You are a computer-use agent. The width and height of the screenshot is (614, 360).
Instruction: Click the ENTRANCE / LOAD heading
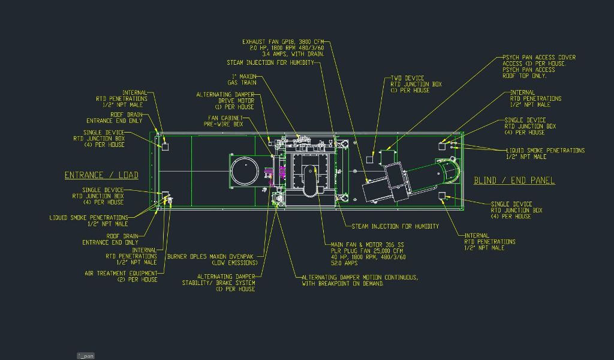tap(101, 175)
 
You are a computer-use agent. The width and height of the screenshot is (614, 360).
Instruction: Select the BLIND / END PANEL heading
tap(514, 180)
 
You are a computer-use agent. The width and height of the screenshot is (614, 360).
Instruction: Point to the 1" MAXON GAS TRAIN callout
tap(243, 79)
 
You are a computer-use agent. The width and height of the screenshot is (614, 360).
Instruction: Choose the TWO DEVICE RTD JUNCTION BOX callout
tap(416, 84)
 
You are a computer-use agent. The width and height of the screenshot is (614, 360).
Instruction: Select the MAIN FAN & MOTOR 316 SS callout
tap(368, 244)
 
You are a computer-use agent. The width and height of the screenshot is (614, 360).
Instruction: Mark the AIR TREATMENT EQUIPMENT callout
tap(121, 276)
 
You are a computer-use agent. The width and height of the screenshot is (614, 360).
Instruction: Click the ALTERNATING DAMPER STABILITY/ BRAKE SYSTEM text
tap(218, 283)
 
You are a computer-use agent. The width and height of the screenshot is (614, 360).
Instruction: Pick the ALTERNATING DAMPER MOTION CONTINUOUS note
tap(359, 277)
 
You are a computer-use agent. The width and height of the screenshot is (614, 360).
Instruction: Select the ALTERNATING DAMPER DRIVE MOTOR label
tap(225, 100)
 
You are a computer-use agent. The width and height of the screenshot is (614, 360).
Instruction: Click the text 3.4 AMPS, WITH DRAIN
tap(293, 54)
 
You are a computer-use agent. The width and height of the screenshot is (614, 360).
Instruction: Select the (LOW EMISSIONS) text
tap(233, 263)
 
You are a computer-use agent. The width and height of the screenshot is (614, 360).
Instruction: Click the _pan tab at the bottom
tap(86, 356)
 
